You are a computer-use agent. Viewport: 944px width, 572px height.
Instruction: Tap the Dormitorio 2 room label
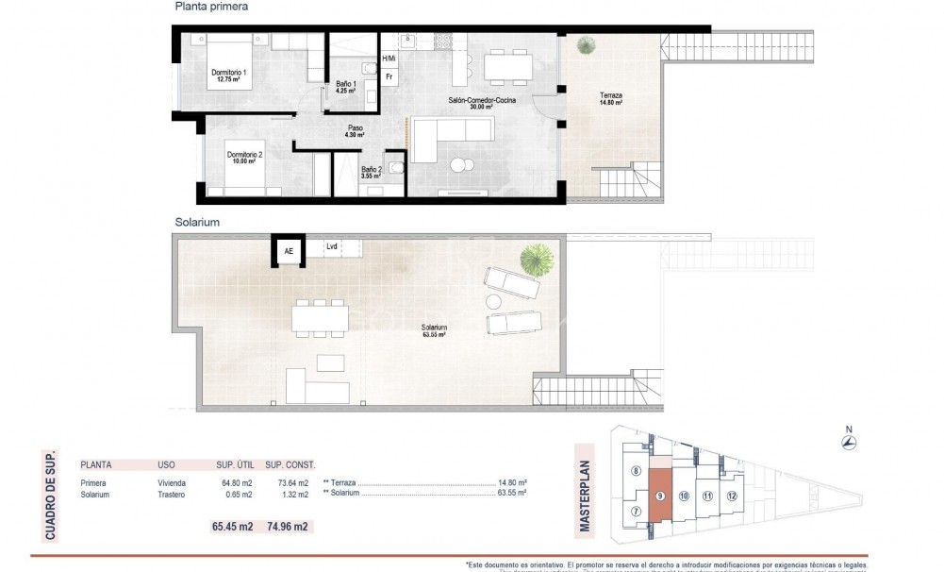tap(243, 158)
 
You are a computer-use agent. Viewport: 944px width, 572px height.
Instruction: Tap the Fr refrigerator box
tap(389, 76)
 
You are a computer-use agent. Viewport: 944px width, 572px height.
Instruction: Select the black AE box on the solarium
tap(288, 251)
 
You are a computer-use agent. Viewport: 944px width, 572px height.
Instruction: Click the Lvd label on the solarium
tap(332, 246)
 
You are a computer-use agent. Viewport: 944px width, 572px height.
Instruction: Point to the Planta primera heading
tap(211, 7)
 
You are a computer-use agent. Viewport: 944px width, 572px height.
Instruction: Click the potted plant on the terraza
tap(587, 43)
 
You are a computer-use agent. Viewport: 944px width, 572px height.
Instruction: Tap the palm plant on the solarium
tap(538, 258)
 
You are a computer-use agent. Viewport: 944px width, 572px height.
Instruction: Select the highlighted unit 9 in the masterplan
tap(660, 495)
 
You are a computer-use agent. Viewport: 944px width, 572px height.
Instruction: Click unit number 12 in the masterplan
tap(731, 495)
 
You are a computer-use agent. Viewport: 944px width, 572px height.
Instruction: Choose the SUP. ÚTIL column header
tap(231, 465)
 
